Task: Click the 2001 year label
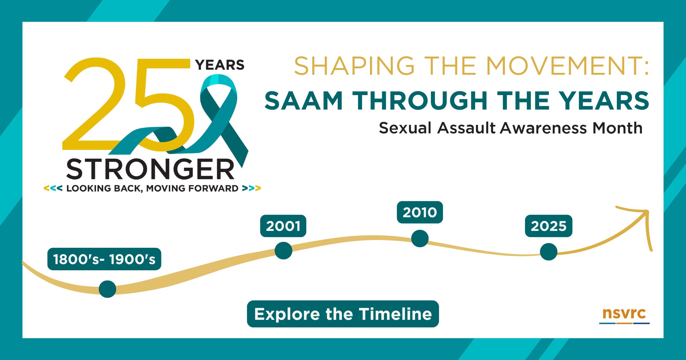[283, 226]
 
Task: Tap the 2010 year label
[420, 212]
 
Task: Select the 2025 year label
[549, 226]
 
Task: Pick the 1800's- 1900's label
[104, 259]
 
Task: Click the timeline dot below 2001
[283, 250]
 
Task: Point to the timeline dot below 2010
[420, 238]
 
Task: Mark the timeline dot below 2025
[549, 252]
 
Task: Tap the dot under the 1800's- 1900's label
[107, 289]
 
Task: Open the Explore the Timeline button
[343, 314]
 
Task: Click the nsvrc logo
[624, 316]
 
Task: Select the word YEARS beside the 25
[220, 65]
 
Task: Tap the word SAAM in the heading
[304, 100]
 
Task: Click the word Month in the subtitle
[617, 128]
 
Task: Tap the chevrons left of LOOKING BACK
[53, 188]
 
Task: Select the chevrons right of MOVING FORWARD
[251, 188]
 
